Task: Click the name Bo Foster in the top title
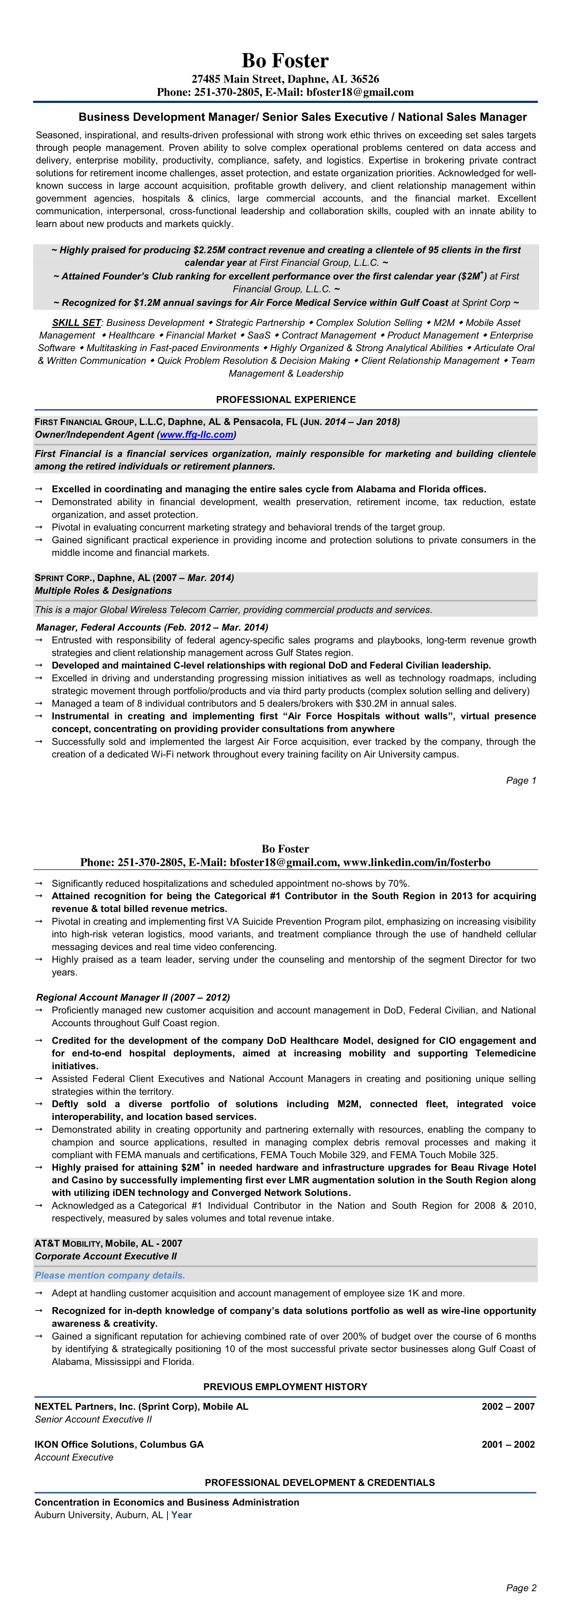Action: pos(285,61)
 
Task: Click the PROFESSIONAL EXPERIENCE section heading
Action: pos(285,399)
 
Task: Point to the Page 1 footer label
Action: pos(521,781)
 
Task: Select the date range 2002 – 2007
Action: pos(508,1406)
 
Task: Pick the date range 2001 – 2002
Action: pos(508,1444)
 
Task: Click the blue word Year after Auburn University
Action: pos(182,1515)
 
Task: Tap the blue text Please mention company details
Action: pos(110,1275)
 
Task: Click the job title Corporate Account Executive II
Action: pos(105,1256)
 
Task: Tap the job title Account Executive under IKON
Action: pos(74,1457)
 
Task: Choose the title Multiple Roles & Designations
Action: pos(103,591)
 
